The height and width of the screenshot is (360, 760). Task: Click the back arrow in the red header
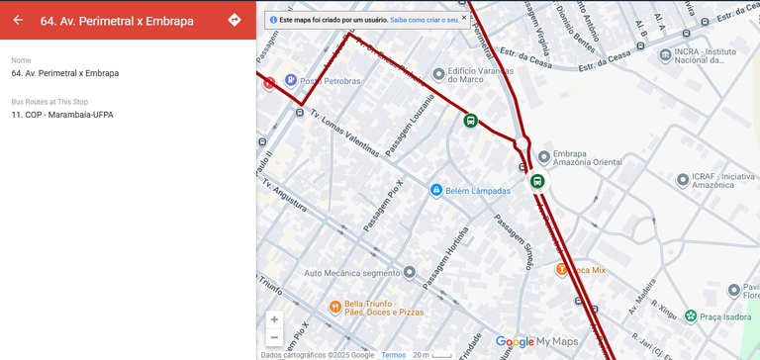18,20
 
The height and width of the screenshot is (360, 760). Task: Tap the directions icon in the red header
235,20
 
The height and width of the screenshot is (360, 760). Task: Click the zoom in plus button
274,319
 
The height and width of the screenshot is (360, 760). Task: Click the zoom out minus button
274,337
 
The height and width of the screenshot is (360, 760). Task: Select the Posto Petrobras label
330,81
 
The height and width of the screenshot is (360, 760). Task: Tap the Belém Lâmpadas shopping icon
435,190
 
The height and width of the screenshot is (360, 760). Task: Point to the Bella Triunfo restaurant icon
335,307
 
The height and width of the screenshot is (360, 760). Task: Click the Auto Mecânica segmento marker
410,272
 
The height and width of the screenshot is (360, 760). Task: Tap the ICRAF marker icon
682,180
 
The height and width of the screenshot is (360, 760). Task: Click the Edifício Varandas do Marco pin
438,74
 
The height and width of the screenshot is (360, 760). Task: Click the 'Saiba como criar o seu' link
424,19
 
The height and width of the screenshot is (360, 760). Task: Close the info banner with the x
464,17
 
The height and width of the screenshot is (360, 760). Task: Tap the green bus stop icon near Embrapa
537,181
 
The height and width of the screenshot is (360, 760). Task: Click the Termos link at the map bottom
393,355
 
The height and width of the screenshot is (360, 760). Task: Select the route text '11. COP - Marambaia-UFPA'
62,115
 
